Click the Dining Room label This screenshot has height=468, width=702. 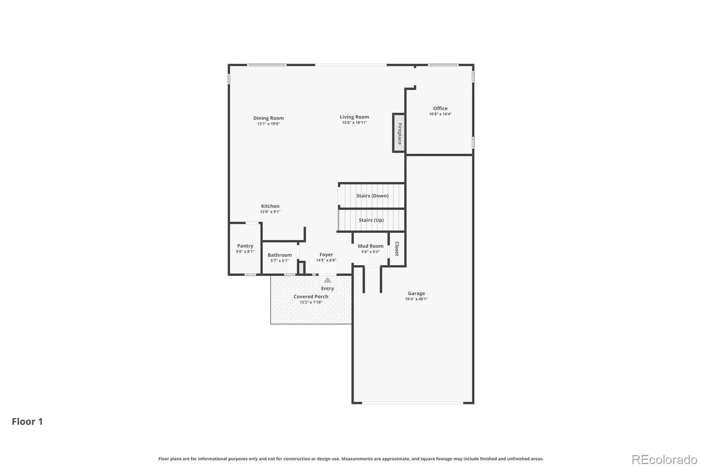268,118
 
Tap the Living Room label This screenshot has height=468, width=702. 354,117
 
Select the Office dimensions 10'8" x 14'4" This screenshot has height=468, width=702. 441,114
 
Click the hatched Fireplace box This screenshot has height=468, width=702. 399,133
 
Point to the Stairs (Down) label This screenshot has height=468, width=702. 372,196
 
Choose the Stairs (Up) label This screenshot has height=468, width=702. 371,220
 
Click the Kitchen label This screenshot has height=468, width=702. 270,206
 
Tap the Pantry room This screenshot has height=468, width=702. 245,248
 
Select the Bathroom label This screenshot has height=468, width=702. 279,255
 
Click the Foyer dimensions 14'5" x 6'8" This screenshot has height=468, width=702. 326,260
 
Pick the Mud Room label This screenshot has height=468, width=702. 370,246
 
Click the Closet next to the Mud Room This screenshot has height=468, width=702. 397,249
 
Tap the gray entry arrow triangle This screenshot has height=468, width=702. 327,280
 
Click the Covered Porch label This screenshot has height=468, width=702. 311,297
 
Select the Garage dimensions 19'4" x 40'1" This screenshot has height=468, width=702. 416,299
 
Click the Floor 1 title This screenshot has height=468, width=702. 27,421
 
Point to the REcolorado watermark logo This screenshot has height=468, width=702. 664,460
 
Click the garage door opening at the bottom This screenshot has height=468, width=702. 413,403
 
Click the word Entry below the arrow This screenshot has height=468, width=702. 327,288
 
